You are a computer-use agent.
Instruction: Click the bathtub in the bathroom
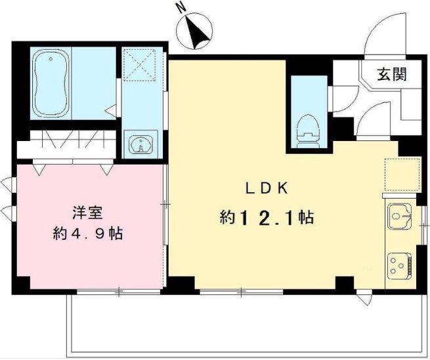pyautogui.click(x=51, y=83)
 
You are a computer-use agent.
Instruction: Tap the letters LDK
pyautogui.click(x=267, y=188)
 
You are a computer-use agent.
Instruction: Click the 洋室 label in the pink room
pyautogui.click(x=87, y=212)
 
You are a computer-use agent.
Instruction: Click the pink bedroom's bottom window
pyautogui.click(x=119, y=290)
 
